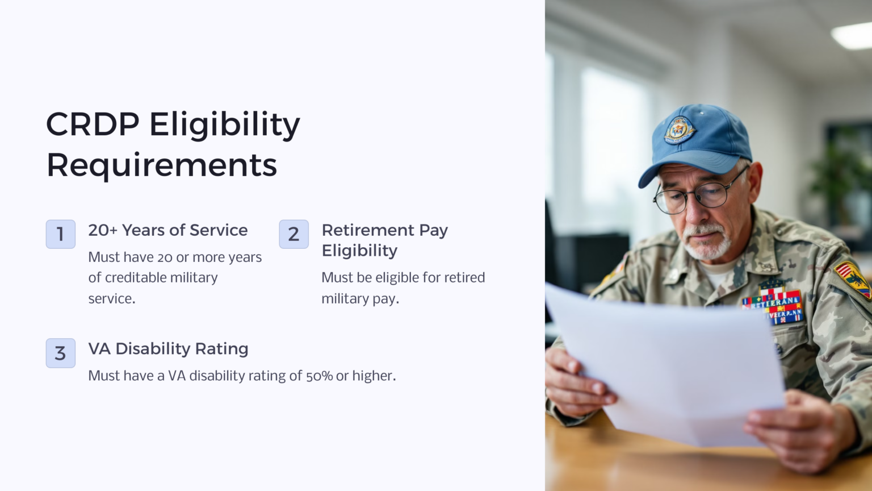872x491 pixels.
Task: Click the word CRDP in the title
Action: point(93,124)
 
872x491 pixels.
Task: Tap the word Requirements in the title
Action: point(162,165)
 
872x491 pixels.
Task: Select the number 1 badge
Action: point(61,234)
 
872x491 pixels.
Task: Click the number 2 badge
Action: point(294,234)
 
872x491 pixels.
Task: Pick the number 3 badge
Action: point(61,353)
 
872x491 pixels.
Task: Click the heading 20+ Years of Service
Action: point(168,230)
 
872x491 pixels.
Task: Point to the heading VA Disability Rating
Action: point(168,349)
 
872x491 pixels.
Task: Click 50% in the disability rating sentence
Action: point(319,376)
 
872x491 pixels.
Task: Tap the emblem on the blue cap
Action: point(679,130)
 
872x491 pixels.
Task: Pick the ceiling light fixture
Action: point(852,35)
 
